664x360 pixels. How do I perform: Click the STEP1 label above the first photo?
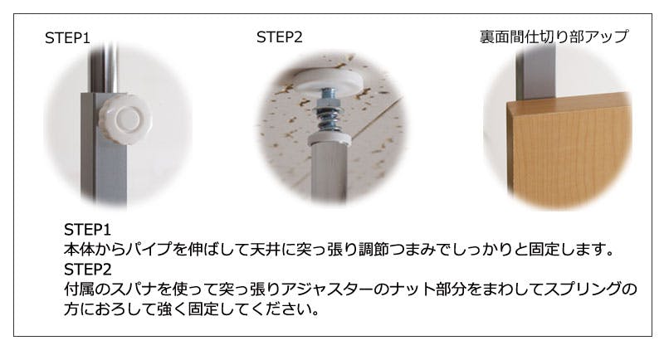[67, 38]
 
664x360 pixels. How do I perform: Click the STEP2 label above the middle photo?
[279, 37]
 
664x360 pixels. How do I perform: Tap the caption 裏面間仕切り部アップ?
[554, 36]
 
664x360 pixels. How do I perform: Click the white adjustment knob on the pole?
[125, 119]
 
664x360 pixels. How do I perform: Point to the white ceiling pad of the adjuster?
[327, 80]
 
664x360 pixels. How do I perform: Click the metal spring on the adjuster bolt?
[330, 119]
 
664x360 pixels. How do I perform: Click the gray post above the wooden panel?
[535, 72]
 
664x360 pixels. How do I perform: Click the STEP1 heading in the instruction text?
[87, 230]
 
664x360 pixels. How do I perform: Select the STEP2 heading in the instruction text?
[88, 270]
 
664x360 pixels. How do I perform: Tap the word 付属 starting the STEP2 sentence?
[79, 289]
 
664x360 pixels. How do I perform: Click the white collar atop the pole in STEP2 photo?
[330, 139]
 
